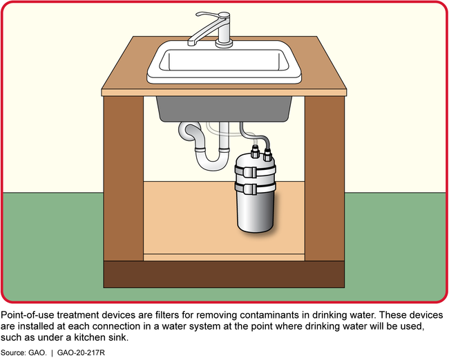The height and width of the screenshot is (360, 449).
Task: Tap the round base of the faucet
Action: (224, 44)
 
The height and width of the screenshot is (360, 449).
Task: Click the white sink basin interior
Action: (224, 60)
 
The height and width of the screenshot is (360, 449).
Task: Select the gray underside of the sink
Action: (224, 109)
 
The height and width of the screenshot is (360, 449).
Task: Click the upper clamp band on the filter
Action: (255, 171)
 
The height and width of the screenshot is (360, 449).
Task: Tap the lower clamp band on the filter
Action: (255, 187)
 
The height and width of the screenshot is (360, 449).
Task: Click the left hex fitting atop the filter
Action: (255, 152)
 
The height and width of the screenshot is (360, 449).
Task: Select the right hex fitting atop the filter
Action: (267, 155)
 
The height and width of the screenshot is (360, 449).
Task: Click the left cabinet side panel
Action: (124, 178)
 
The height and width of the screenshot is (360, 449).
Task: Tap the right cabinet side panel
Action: (325, 178)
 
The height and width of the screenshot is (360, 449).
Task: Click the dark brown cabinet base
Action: (224, 274)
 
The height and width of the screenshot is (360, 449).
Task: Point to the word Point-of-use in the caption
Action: (28, 315)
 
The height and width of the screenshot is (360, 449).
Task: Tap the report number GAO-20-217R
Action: (81, 352)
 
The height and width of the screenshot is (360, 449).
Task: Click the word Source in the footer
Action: (12, 352)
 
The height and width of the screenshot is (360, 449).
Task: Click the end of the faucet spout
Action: (191, 43)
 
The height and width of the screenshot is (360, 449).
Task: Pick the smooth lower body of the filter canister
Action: (255, 212)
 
